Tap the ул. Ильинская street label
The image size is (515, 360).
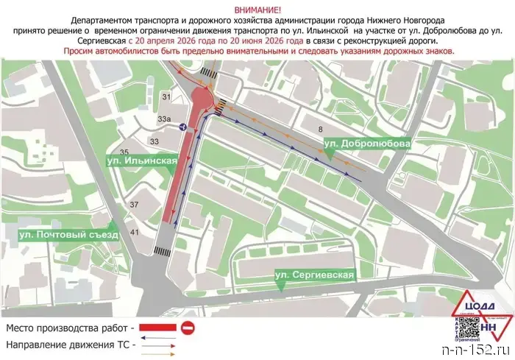pyautogui.click(x=141, y=160)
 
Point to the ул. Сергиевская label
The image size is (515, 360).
pyautogui.click(x=315, y=275)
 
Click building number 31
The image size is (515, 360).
pyautogui.click(x=166, y=97)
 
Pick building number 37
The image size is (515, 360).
pyautogui.click(x=134, y=204)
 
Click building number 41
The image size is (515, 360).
pyautogui.click(x=134, y=233)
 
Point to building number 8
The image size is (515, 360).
pyautogui.click(x=320, y=130)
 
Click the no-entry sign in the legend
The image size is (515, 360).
pyautogui.click(x=188, y=326)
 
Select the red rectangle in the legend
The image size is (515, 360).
pyautogui.click(x=157, y=326)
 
